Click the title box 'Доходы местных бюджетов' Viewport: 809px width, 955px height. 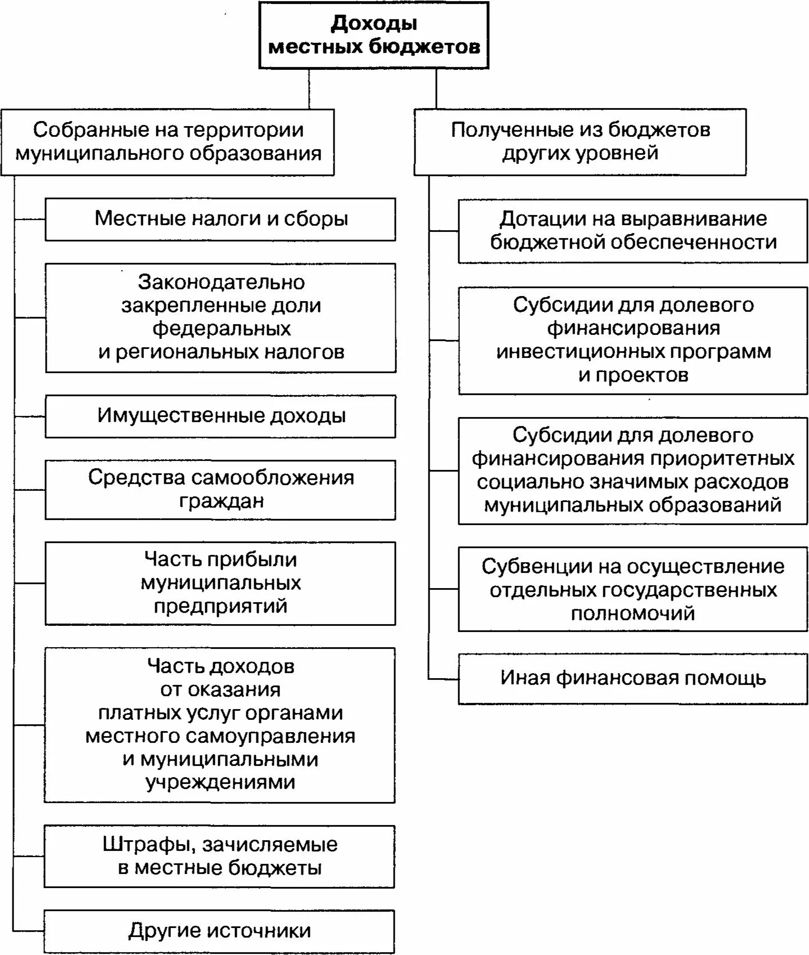(x=374, y=35)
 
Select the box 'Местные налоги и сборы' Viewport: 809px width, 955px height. (x=220, y=219)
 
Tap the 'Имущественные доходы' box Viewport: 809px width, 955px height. (x=220, y=416)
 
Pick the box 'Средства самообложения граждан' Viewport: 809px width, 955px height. (x=220, y=490)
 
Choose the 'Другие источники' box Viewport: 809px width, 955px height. (x=219, y=931)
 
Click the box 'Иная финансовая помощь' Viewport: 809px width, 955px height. (x=633, y=678)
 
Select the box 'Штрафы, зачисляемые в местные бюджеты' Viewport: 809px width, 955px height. (x=219, y=856)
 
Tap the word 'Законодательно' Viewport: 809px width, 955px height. (x=222, y=282)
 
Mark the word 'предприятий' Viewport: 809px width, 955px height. (x=220, y=607)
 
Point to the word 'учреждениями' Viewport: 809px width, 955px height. (x=220, y=782)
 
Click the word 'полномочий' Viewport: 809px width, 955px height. (x=633, y=613)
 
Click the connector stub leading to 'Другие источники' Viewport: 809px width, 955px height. (x=29, y=931)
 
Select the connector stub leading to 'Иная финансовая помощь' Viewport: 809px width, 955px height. (x=444, y=679)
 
